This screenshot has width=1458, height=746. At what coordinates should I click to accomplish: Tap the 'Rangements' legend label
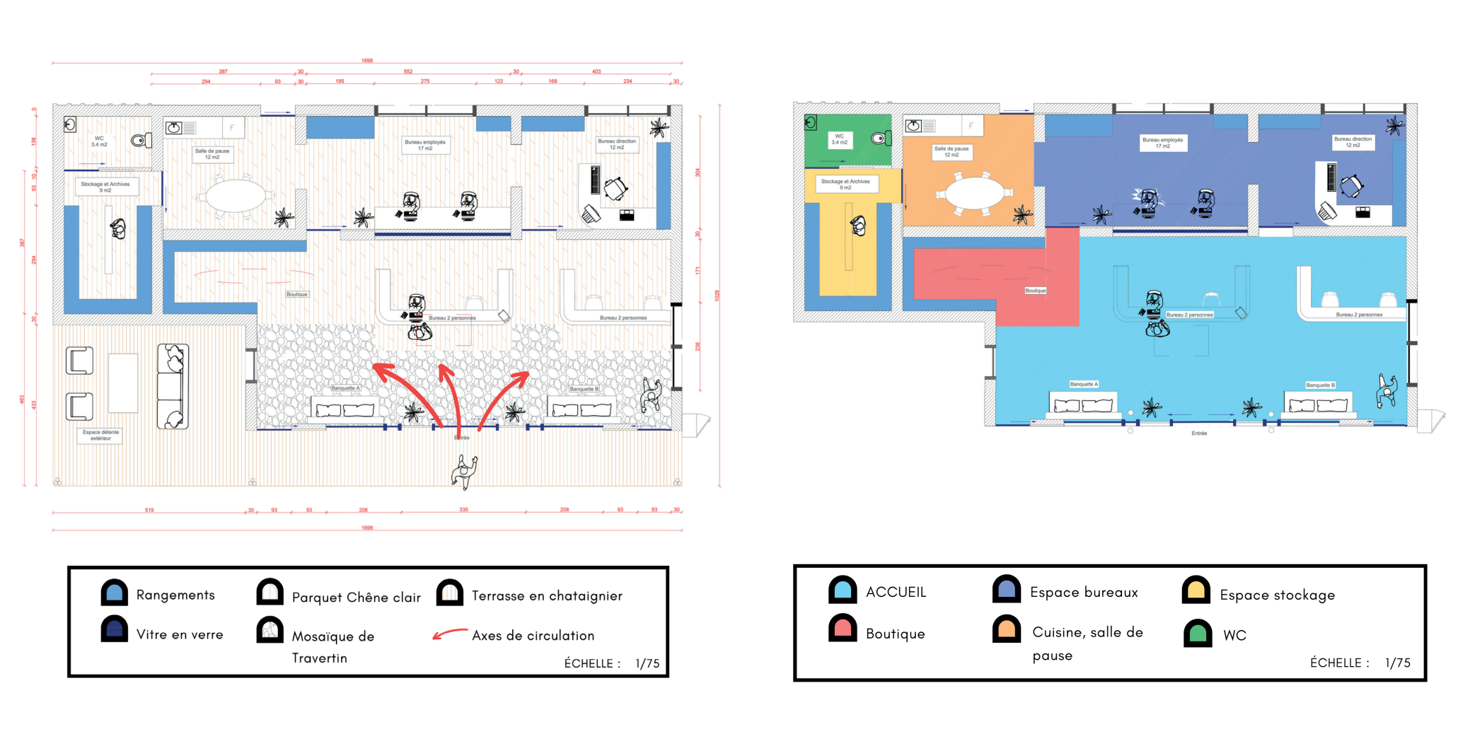coord(175,595)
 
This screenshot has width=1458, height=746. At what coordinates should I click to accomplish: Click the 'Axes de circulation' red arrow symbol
coord(450,634)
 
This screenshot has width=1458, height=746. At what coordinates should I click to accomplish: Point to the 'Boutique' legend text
coord(895,634)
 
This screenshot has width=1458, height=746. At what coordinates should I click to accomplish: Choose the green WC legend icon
coord(1198,634)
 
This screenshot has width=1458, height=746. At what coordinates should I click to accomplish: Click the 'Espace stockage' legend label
coord(1277,595)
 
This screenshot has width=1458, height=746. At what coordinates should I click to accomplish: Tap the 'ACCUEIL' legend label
coord(896,593)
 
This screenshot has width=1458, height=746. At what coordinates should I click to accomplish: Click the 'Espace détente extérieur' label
coord(100,435)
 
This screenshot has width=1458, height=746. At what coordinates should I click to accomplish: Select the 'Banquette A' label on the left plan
coord(346,388)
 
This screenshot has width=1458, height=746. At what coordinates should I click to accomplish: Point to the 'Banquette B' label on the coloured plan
coord(1320,385)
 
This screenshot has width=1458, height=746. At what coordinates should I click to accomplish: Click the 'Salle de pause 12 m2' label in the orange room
coord(951,152)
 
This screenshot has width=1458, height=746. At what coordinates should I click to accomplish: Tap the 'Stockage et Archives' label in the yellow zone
coord(845,185)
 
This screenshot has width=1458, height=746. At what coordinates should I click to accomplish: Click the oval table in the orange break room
coord(974,192)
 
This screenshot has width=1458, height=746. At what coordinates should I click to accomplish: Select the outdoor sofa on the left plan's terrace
coord(173,386)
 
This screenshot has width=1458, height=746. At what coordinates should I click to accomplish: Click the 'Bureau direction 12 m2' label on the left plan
coord(617,144)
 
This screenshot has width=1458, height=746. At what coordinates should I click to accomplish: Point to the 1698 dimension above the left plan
coord(367,61)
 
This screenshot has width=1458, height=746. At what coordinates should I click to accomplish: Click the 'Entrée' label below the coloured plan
coord(1199,433)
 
